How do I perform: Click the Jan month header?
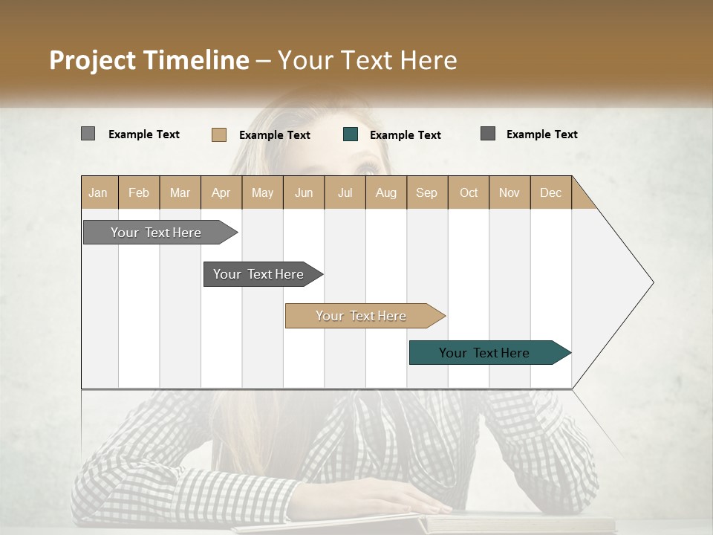[99, 192]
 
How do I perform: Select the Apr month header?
[221, 192]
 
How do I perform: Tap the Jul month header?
[345, 192]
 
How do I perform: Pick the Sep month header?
[426, 192]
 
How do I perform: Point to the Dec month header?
[550, 192]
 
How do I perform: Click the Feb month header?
[139, 192]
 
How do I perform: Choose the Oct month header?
[469, 192]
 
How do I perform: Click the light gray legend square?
[88, 134]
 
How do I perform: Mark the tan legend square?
[218, 134]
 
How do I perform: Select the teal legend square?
[351, 134]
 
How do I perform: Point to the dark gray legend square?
[488, 134]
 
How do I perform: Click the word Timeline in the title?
[196, 60]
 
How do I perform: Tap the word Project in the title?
[93, 60]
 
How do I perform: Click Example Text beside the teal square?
[405, 135]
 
